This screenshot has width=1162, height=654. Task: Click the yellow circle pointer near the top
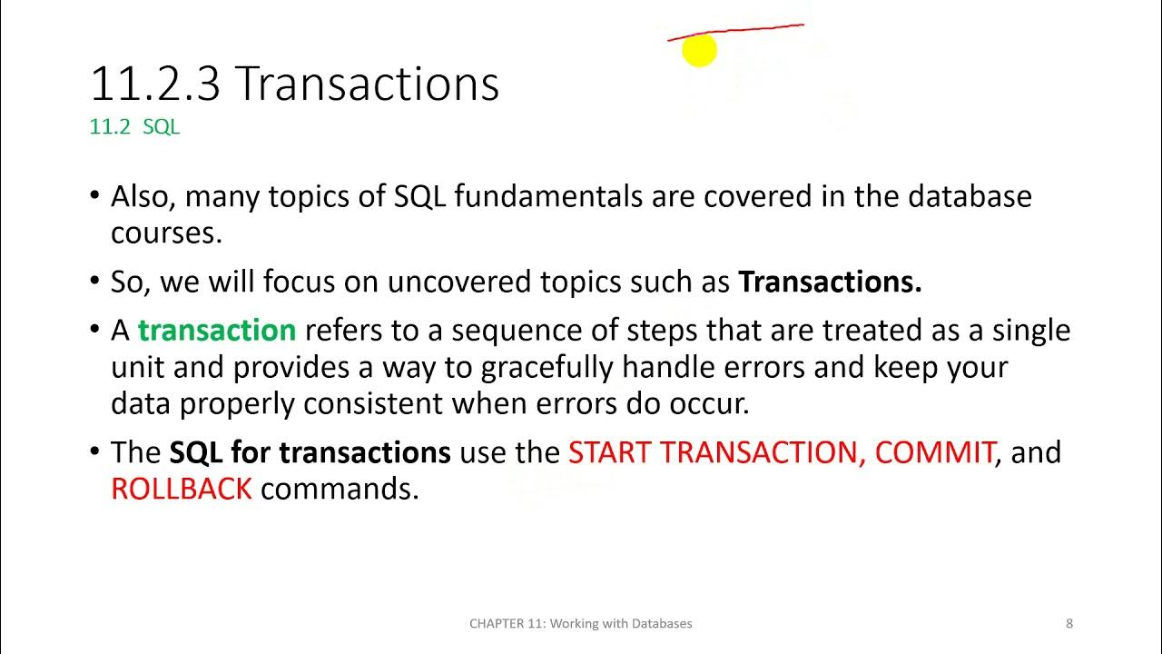[x=699, y=51]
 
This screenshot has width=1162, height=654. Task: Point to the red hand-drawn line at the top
[x=735, y=33]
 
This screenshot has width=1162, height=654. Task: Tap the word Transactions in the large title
[x=367, y=84]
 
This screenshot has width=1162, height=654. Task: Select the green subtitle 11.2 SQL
[x=134, y=127]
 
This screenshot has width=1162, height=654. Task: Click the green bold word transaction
[x=217, y=330]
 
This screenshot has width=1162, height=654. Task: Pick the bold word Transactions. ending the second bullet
[x=830, y=282]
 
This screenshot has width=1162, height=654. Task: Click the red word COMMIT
[x=934, y=452]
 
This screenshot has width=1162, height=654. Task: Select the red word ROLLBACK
[x=181, y=489]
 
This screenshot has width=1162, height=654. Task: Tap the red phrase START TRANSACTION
[x=716, y=452]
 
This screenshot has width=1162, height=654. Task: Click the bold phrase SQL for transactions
[x=310, y=452]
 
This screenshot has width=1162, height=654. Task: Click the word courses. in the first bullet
[x=166, y=233]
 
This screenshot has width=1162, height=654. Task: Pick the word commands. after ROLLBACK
[x=340, y=489]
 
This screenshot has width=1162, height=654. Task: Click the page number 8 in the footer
[x=1069, y=623]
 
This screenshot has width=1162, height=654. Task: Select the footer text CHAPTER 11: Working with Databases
[x=580, y=623]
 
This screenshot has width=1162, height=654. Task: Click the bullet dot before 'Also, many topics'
[x=96, y=197]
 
